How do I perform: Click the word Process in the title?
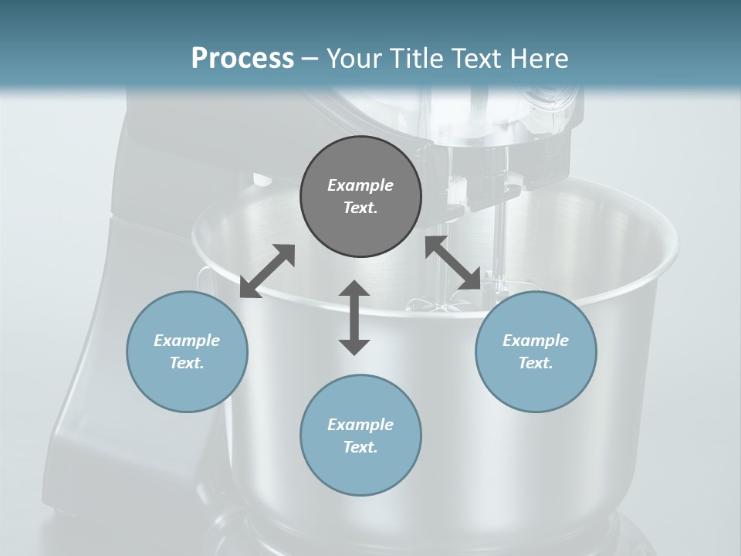[242, 59]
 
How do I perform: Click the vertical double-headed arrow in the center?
[354, 317]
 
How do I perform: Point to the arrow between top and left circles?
[267, 271]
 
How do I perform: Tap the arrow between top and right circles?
[452, 263]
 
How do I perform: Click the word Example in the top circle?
[360, 185]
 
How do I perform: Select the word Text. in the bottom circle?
[360, 447]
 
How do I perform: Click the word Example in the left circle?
[187, 341]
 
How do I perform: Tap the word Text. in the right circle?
[536, 363]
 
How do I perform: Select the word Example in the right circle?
[536, 341]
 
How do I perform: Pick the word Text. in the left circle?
[187, 363]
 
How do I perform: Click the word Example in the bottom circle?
[360, 425]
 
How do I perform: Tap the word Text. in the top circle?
[360, 208]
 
